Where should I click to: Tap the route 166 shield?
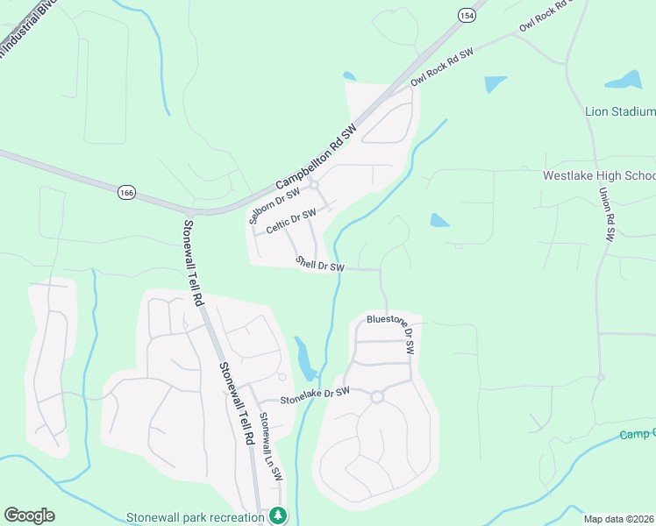click(x=127, y=192)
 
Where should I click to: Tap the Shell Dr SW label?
click(x=320, y=263)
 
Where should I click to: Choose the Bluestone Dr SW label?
click(x=390, y=333)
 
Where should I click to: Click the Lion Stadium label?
click(x=620, y=111)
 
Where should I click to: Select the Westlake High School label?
click(x=599, y=175)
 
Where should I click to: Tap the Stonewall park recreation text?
click(x=195, y=516)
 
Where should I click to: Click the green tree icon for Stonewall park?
click(x=278, y=515)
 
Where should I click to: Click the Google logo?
click(x=29, y=515)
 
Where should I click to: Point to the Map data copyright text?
click(x=618, y=519)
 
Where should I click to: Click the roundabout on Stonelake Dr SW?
click(x=377, y=397)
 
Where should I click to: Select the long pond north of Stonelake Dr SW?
click(x=305, y=356)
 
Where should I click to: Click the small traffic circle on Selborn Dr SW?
click(x=314, y=184)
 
